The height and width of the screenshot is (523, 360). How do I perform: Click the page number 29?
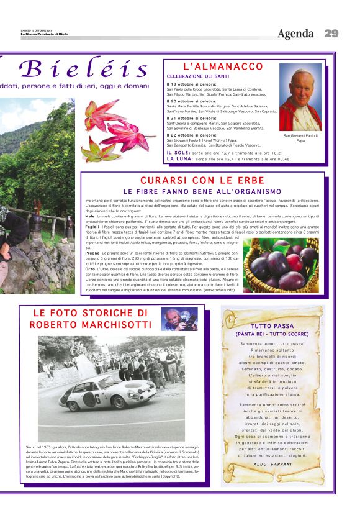[331, 33]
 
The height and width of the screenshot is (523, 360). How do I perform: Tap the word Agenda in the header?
[295, 34]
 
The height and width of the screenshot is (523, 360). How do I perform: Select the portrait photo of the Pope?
[300, 97]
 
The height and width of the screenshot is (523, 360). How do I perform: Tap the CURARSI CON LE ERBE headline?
[202, 180]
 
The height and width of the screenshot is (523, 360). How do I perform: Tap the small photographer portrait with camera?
[179, 319]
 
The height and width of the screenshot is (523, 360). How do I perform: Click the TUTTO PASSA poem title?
[272, 325]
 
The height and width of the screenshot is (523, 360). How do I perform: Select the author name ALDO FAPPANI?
[272, 464]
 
